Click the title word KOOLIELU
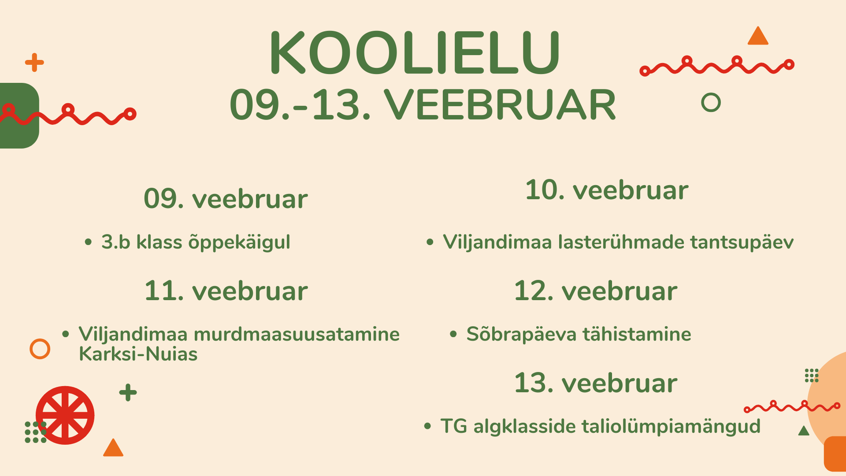(x=415, y=53)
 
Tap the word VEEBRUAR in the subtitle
(x=500, y=105)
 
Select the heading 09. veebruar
(x=226, y=198)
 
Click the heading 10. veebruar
(x=607, y=190)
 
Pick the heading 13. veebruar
(x=596, y=383)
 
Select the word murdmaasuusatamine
(x=297, y=334)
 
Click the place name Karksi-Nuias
(x=138, y=354)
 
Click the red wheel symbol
(x=65, y=415)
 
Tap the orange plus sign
(x=34, y=63)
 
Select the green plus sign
(x=128, y=392)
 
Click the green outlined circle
(x=710, y=94)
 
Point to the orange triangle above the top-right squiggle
(x=758, y=36)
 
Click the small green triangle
(x=804, y=431)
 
